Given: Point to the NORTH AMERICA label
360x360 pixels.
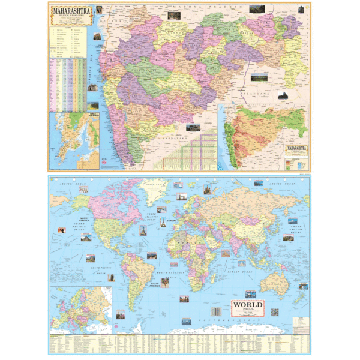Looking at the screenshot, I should tap(84, 218).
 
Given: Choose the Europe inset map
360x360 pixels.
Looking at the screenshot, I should tap(82, 308).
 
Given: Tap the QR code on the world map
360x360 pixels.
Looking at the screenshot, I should tap(275, 312).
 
